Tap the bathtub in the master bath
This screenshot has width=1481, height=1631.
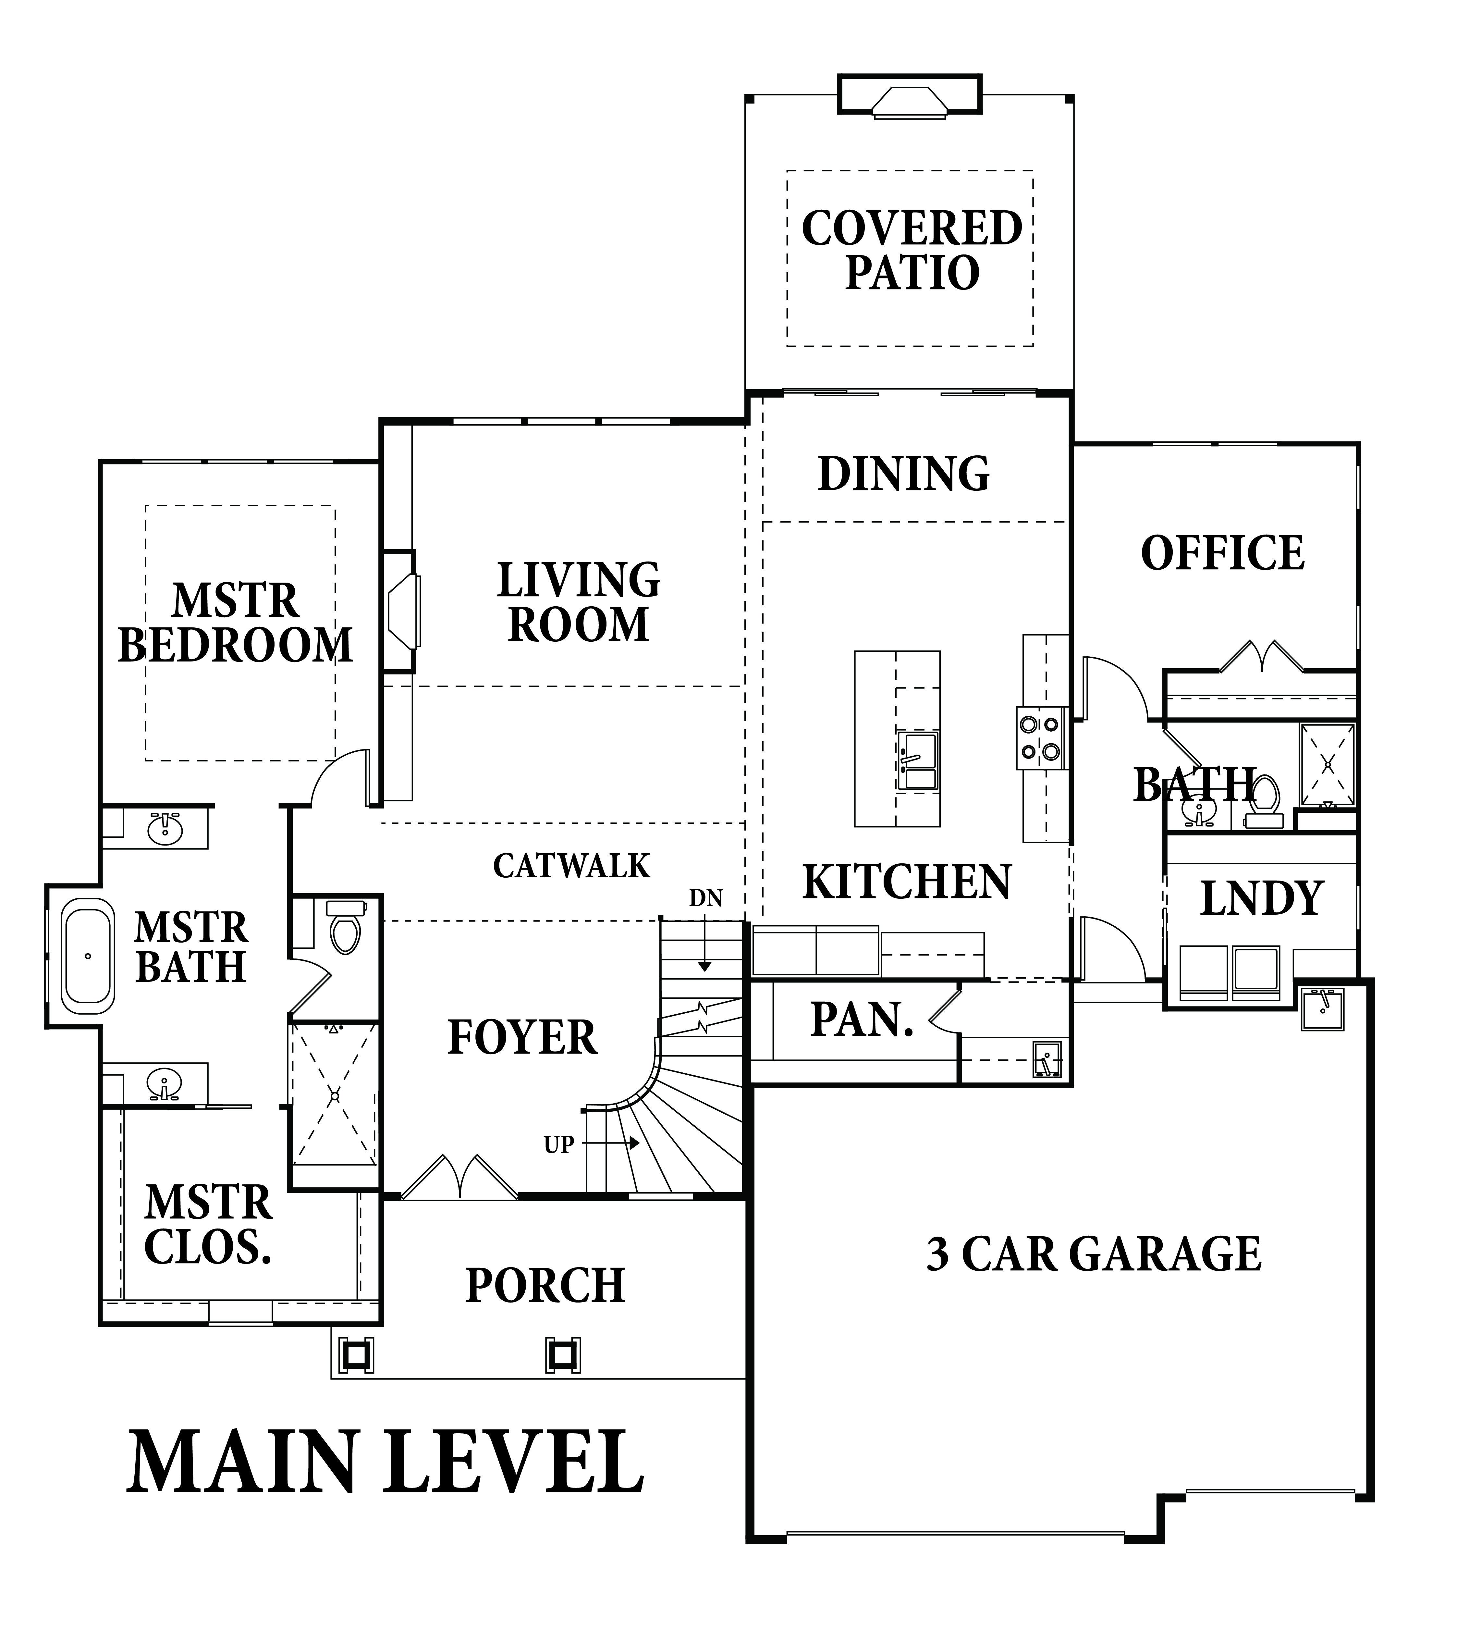pos(89,956)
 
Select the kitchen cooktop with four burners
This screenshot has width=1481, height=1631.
pos(1039,738)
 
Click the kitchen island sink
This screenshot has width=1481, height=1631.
pos(917,760)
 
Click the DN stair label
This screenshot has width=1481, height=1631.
pos(705,898)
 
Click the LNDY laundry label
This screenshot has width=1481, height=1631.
pos(1261,898)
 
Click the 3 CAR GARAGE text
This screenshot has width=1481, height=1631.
pos(1094,1253)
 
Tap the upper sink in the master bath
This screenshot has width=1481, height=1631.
pos(166,827)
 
